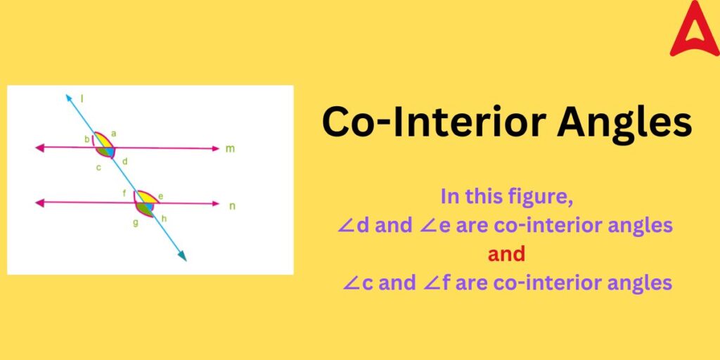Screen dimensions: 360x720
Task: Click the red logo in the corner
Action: [x=694, y=29]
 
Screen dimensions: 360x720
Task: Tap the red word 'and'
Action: [x=506, y=254]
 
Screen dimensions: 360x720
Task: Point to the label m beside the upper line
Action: [x=231, y=149]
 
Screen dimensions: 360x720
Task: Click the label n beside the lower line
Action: [x=233, y=205]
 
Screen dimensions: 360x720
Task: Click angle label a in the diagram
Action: [x=114, y=133]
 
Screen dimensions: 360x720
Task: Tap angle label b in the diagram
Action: [x=87, y=139]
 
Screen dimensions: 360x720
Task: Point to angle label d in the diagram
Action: [x=124, y=162]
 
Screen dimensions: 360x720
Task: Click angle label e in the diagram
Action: [x=160, y=196]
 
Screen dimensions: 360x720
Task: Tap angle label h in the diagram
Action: [x=164, y=219]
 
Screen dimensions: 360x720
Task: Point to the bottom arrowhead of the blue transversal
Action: [x=183, y=257]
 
